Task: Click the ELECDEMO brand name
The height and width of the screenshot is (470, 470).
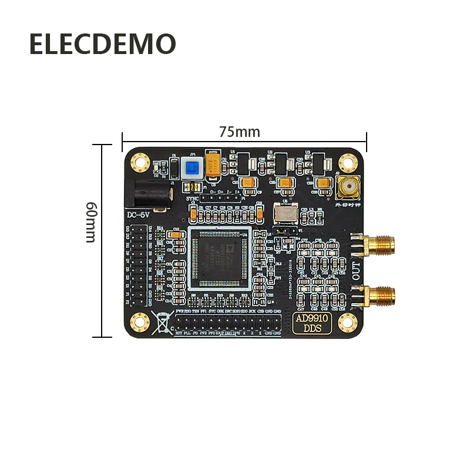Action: (x=102, y=45)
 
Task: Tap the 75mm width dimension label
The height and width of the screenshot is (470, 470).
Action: (x=239, y=132)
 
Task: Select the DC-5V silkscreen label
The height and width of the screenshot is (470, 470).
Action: (x=139, y=215)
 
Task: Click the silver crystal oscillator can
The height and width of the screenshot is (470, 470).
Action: (x=286, y=212)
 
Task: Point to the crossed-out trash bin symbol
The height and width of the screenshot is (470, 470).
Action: (x=162, y=323)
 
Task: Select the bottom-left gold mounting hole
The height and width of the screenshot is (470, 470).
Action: (x=140, y=321)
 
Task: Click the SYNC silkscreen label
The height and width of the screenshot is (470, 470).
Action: (x=192, y=199)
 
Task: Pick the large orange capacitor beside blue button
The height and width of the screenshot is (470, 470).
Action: (x=214, y=165)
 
